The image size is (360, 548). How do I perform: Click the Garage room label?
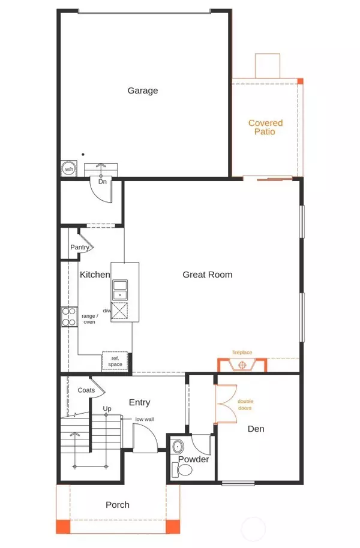click(143, 91)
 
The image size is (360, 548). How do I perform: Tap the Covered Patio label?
click(265, 127)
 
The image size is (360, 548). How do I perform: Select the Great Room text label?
click(207, 275)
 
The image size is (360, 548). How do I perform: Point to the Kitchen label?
click(95, 275)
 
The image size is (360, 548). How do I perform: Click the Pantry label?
click(80, 247)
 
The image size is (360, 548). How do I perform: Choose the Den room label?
click(256, 429)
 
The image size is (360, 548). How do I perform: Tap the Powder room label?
click(193, 459)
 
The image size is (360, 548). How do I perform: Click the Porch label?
click(118, 505)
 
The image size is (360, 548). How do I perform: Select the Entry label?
click(139, 402)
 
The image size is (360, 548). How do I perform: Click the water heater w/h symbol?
click(68, 169)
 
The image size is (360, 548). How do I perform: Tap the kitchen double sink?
click(120, 289)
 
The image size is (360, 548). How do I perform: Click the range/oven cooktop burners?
click(69, 316)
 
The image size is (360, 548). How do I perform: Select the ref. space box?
click(115, 361)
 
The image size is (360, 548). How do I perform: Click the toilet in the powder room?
click(179, 448)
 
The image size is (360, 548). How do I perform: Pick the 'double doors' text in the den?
click(245, 405)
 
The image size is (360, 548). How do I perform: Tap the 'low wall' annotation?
click(145, 419)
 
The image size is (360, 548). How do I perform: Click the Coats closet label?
click(86, 390)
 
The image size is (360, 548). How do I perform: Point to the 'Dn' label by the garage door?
click(102, 180)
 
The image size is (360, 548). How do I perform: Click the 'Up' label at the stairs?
click(107, 409)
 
